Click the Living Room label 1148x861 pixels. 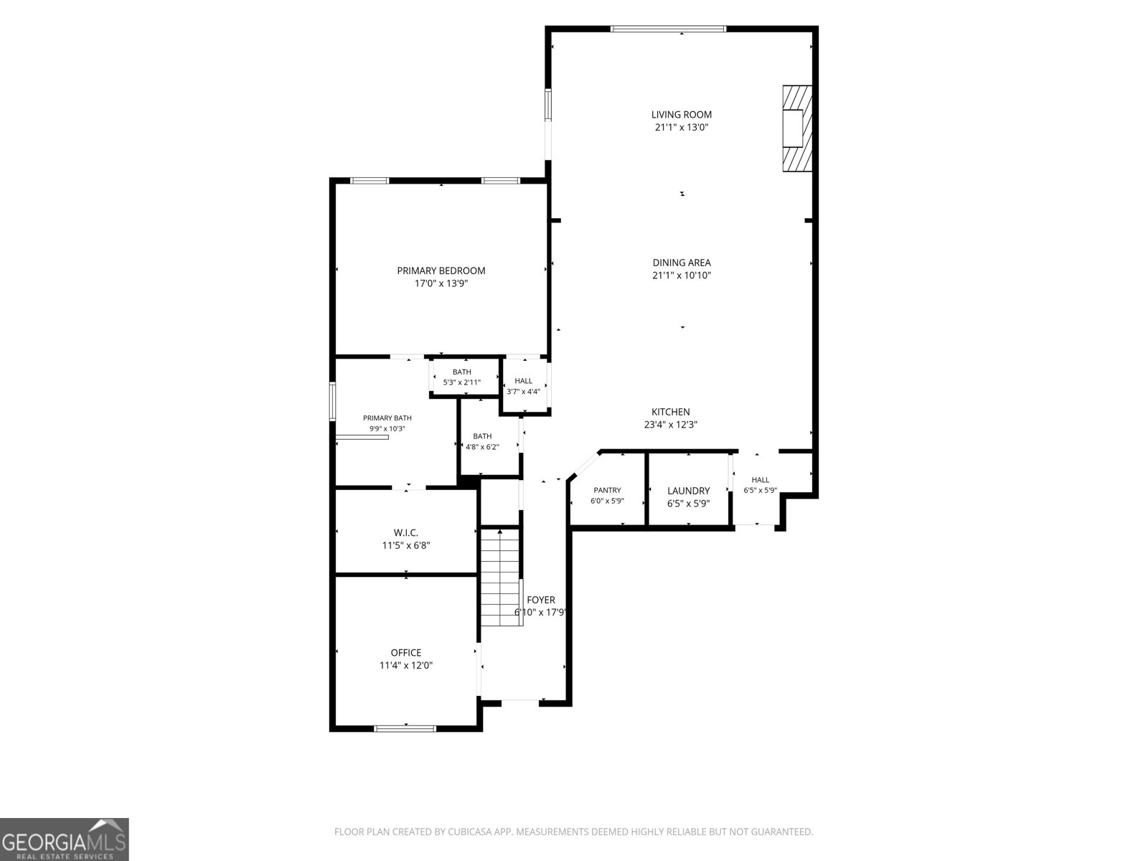tap(681, 115)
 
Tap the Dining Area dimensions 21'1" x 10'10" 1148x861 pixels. tap(682, 276)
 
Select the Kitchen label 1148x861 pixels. tap(670, 412)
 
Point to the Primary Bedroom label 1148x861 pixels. tap(441, 270)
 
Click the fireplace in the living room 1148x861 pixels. tap(797, 128)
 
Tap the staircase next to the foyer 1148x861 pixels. tap(501, 577)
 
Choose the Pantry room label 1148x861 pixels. tap(607, 490)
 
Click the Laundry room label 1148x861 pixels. tap(688, 491)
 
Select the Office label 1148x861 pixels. tap(406, 652)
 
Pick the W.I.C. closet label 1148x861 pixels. tap(406, 532)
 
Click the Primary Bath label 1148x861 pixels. tap(387, 418)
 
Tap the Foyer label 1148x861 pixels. tap(541, 600)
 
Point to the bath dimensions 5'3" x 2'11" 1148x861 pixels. tap(462, 382)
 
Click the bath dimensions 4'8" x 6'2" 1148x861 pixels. tap(482, 447)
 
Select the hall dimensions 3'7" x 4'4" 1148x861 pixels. tap(523, 392)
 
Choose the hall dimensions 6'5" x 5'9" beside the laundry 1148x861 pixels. tap(760, 490)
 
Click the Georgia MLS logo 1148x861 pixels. tap(64, 839)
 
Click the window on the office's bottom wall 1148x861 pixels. tap(405, 728)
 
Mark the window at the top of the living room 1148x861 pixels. tap(668, 29)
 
